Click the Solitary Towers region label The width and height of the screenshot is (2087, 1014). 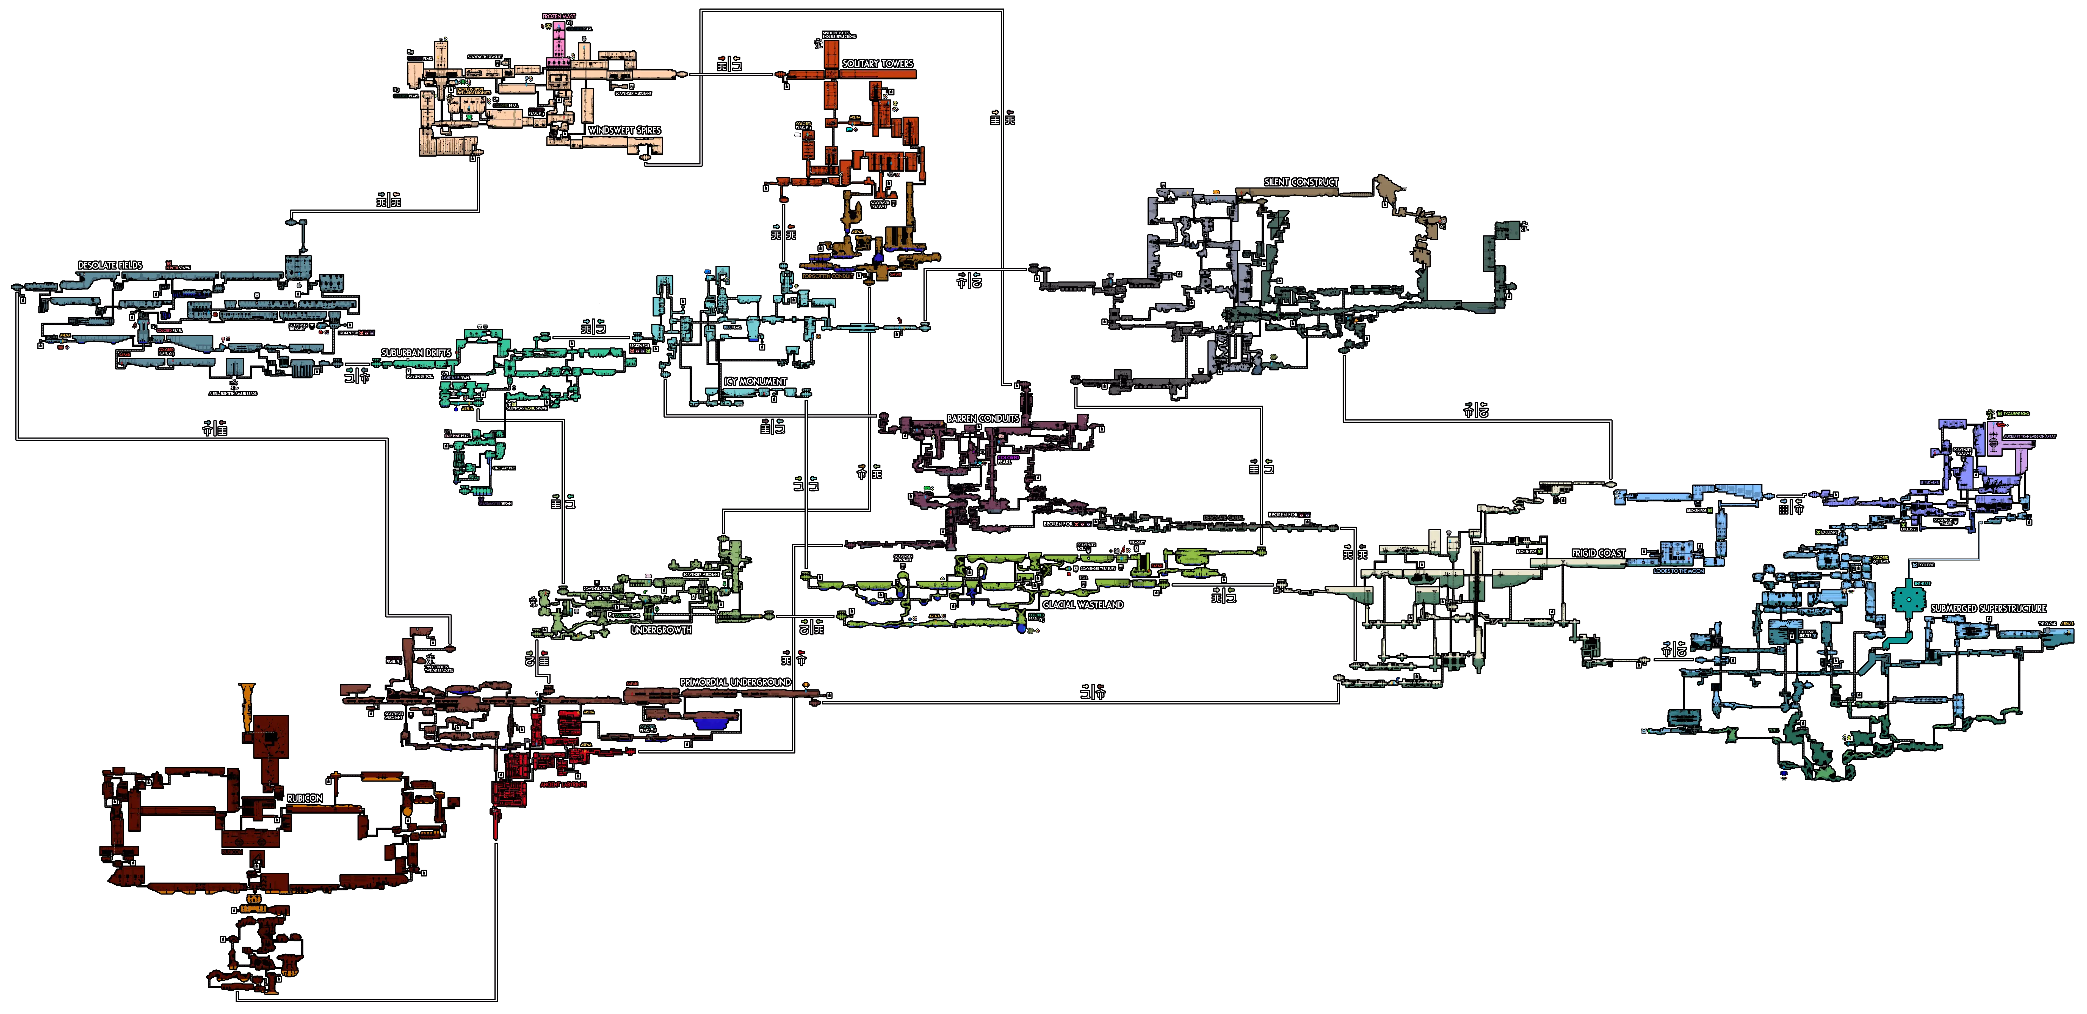tap(877, 63)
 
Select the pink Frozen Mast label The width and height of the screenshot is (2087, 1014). tap(559, 16)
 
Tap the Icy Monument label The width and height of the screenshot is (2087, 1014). tap(755, 381)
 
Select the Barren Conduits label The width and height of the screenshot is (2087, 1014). tap(983, 418)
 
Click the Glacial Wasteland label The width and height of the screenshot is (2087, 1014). tap(1082, 605)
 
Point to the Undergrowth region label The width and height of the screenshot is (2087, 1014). tap(661, 630)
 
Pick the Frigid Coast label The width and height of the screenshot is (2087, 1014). tap(1599, 553)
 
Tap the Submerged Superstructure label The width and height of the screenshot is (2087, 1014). tap(1988, 608)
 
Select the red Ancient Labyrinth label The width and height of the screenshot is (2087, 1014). tap(563, 785)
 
